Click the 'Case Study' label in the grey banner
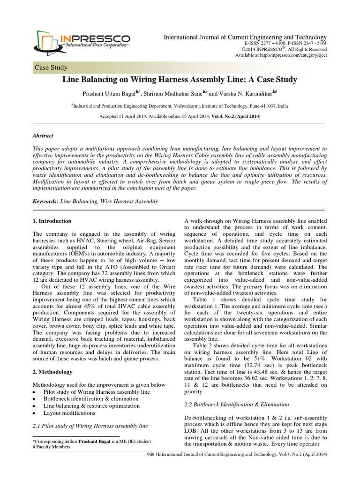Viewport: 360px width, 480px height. coord(51,67)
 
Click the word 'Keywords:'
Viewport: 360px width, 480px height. coord(45,201)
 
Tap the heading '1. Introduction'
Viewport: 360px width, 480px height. coord(52,221)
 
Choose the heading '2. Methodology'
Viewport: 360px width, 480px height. coord(52,372)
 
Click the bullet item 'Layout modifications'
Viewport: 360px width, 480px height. coord(69,413)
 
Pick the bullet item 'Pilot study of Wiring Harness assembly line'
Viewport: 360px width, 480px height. coord(97,391)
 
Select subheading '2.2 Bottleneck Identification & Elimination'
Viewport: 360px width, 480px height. coord(237,404)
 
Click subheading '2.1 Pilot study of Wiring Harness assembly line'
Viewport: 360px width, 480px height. coord(90,426)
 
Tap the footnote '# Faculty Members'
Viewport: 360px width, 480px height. coord(51,447)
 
